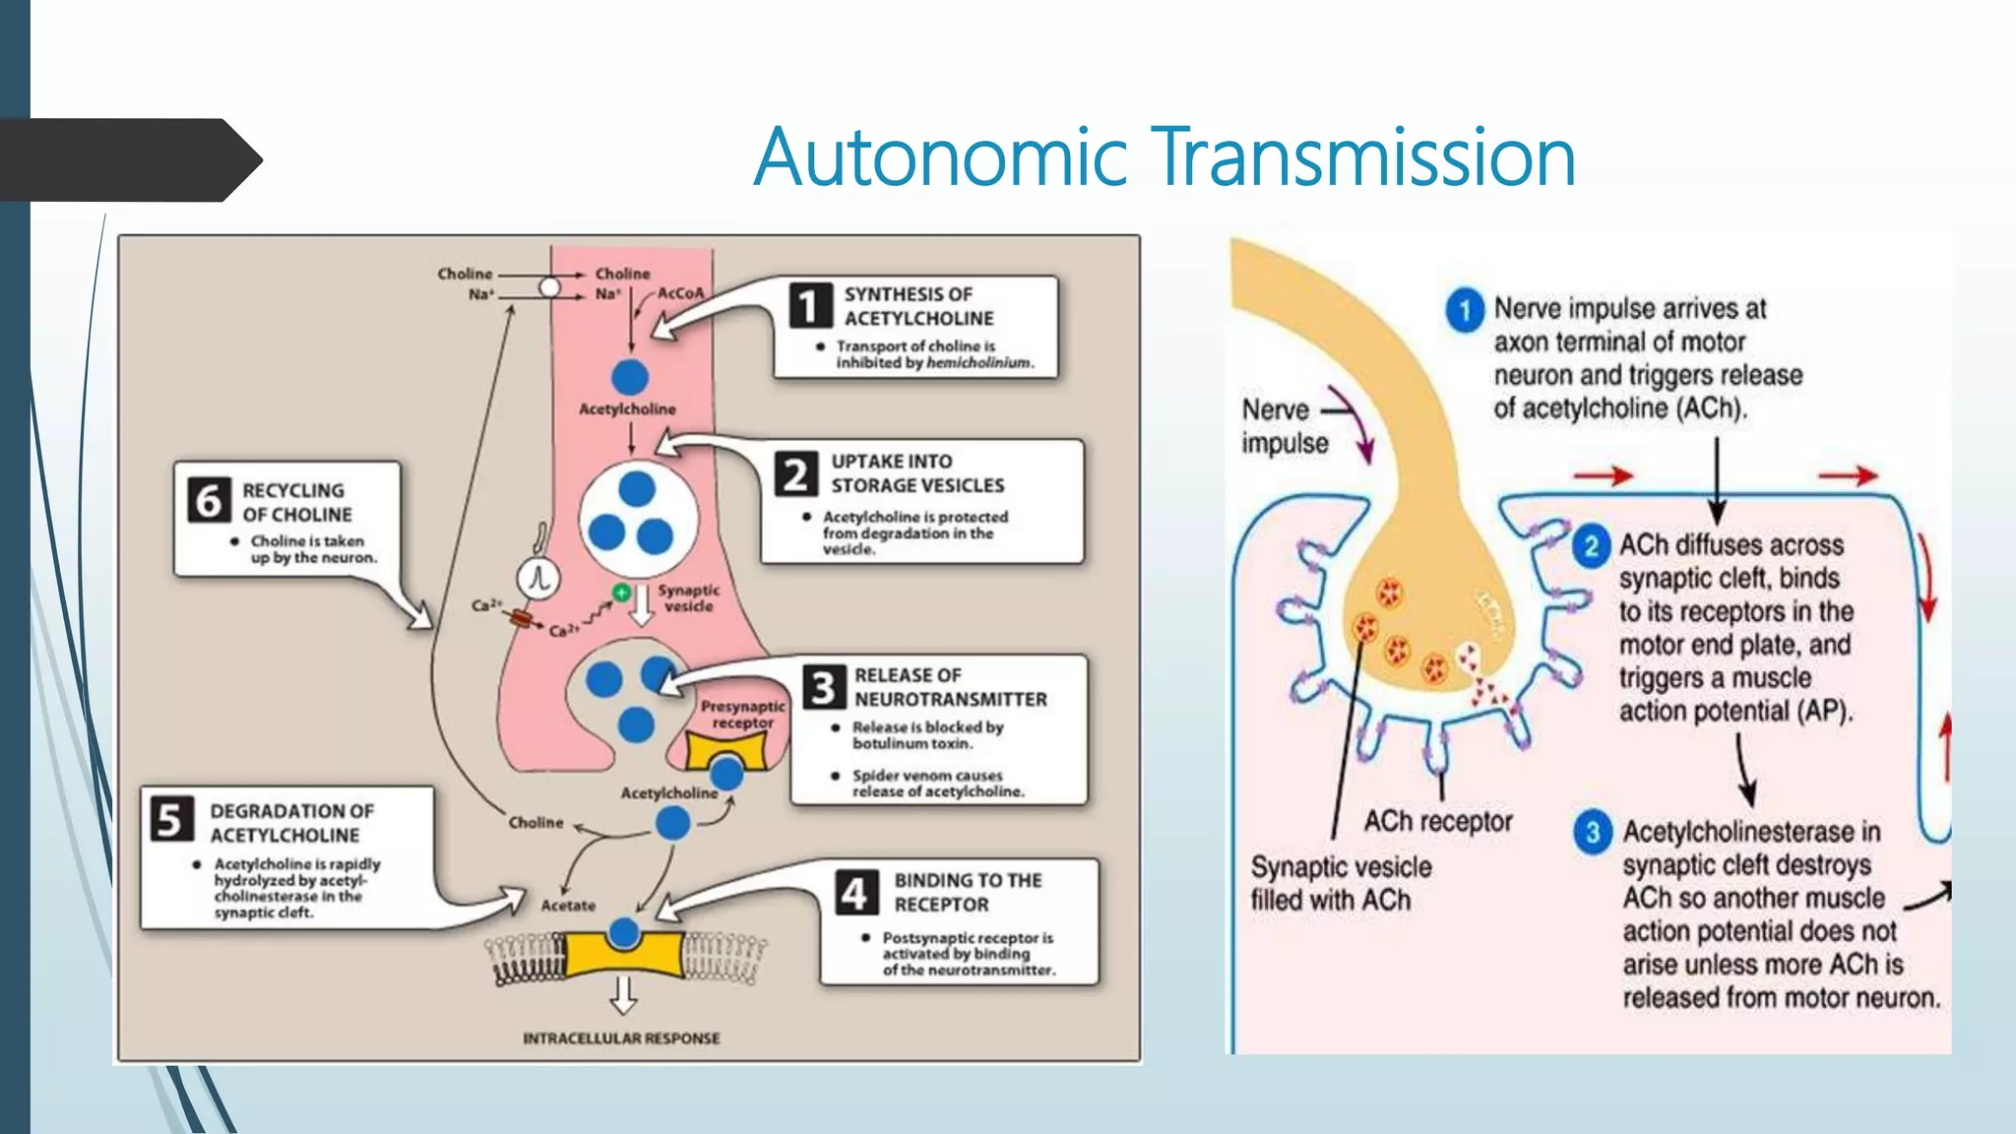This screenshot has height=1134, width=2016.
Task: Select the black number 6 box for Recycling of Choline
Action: [x=209, y=500]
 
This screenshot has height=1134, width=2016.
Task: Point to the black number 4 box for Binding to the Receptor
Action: [x=853, y=892]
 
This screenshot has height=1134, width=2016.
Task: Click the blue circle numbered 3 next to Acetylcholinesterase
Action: [x=1592, y=833]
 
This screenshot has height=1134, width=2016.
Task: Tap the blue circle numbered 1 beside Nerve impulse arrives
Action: [x=1465, y=310]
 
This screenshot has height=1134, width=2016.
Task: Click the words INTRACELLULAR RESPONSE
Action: [x=621, y=1039]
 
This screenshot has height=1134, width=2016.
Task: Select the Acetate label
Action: [x=568, y=905]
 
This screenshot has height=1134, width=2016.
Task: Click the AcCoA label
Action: [x=681, y=292]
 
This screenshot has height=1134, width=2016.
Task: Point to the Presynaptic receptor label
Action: [x=743, y=715]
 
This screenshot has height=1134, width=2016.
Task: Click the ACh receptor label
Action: [x=1437, y=821]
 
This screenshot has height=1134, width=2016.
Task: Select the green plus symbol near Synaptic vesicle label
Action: [x=621, y=592]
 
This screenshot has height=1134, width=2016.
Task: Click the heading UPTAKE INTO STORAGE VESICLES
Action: [x=916, y=473]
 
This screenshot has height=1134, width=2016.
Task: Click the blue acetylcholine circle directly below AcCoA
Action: [x=630, y=377]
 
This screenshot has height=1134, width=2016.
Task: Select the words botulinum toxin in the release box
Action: [x=913, y=743]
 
